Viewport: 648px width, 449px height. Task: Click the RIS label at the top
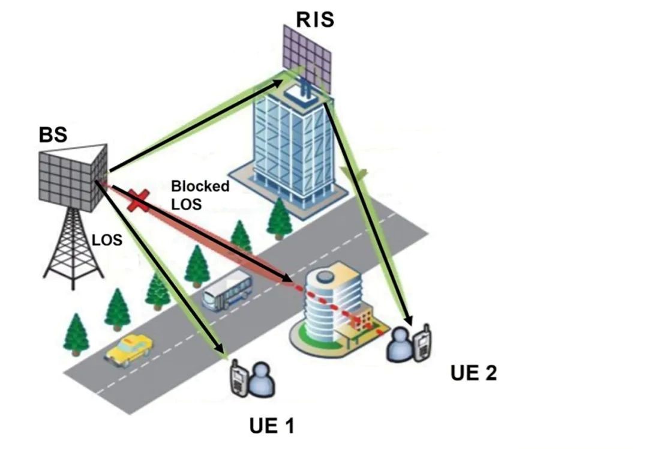pyautogui.click(x=315, y=20)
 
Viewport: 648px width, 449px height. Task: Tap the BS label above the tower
pyautogui.click(x=53, y=134)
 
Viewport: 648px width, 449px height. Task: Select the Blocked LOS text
pyautogui.click(x=200, y=194)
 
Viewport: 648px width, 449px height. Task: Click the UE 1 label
pyautogui.click(x=272, y=426)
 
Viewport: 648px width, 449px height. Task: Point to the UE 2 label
pyautogui.click(x=473, y=373)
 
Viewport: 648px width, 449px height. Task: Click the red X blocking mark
pyautogui.click(x=138, y=200)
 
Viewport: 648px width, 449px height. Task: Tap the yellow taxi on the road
pyautogui.click(x=130, y=350)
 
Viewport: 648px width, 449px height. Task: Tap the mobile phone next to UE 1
pyautogui.click(x=239, y=378)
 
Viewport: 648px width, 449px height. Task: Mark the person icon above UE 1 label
pyautogui.click(x=261, y=379)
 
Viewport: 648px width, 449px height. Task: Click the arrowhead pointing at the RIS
pyautogui.click(x=276, y=82)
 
